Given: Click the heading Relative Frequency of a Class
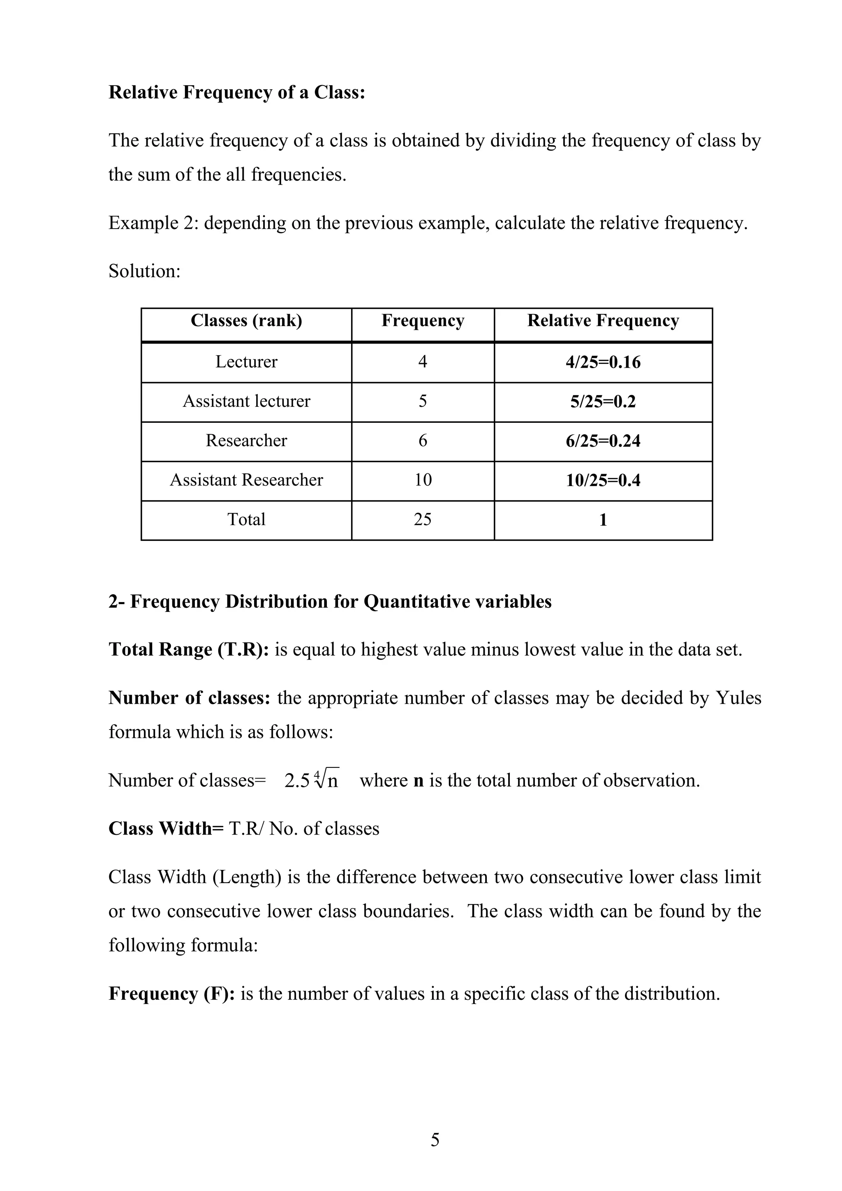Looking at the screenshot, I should [x=237, y=93].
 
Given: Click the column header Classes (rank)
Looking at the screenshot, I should [x=246, y=320].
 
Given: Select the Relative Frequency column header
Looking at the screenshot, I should [x=603, y=320].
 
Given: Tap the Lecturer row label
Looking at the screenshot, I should [x=246, y=361].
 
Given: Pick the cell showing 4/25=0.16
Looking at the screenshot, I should [x=603, y=362].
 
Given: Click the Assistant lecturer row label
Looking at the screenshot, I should [x=246, y=401].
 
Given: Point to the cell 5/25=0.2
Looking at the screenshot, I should [x=603, y=401].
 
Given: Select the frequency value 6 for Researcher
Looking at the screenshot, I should [x=423, y=440].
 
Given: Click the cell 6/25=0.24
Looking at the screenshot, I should [x=603, y=441].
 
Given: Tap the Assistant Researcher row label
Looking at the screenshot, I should [x=246, y=480].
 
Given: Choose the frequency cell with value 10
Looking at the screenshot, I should [x=423, y=480].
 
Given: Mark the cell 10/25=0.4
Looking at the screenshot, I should [x=603, y=480].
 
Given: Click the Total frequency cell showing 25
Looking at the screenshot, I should [x=423, y=519].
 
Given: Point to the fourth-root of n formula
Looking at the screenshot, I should [x=312, y=780].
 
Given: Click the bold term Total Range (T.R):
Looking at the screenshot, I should [x=189, y=649].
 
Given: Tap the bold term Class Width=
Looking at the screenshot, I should [x=166, y=828].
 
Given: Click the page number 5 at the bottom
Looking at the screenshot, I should [x=435, y=1140].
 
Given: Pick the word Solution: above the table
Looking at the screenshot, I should [x=145, y=271].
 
